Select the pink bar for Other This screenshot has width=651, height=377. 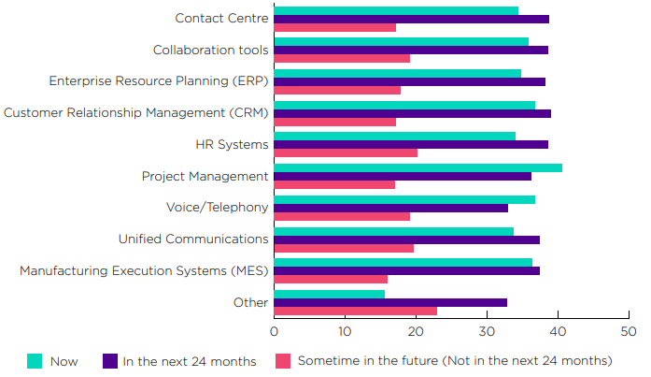click(x=355, y=311)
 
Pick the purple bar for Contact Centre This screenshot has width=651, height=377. click(x=411, y=19)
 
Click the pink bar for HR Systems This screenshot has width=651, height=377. click(x=346, y=152)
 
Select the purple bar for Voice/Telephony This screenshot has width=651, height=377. click(x=390, y=208)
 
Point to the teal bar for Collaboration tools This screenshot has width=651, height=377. click(x=401, y=41)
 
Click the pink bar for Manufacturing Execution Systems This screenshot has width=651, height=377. click(x=331, y=279)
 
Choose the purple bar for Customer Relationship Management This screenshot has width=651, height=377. click(x=412, y=113)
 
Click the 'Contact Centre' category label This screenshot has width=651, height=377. click(x=222, y=19)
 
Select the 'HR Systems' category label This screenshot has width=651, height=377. click(x=232, y=144)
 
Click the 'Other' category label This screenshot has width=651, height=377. click(x=251, y=302)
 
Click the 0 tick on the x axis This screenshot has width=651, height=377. click(x=275, y=332)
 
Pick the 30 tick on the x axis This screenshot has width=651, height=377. click(x=486, y=332)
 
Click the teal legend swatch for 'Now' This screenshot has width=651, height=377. click(x=35, y=361)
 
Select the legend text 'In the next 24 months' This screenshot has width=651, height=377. click(x=189, y=361)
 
